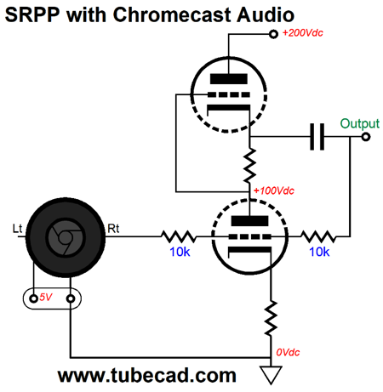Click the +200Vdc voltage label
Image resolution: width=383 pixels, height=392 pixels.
pyautogui.click(x=303, y=33)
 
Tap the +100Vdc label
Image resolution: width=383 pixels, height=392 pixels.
pyautogui.click(x=274, y=190)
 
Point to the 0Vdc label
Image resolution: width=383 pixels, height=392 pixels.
pyautogui.click(x=288, y=352)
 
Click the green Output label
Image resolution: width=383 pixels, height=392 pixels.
pyautogui.click(x=359, y=124)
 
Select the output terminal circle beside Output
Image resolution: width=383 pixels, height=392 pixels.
pyautogui.click(x=366, y=137)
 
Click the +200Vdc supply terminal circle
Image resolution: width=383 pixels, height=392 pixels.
pyautogui.click(x=273, y=34)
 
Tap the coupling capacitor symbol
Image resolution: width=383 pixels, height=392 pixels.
pyautogui.click(x=317, y=137)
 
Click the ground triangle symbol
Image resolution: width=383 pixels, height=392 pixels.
pyautogui.click(x=271, y=375)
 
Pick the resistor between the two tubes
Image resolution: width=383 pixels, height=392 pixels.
pyautogui.click(x=249, y=166)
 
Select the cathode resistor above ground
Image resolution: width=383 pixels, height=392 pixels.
pyautogui.click(x=271, y=319)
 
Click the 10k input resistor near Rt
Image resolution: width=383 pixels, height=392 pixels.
pyautogui.click(x=179, y=236)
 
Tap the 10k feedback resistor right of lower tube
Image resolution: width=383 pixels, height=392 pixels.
pyautogui.click(x=318, y=236)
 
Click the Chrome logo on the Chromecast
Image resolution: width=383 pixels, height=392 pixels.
pyautogui.click(x=66, y=237)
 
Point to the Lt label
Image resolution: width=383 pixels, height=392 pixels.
pyautogui.click(x=17, y=229)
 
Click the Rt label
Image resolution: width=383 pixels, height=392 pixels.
pyautogui.click(x=113, y=229)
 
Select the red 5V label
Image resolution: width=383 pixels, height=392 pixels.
pyautogui.click(x=46, y=297)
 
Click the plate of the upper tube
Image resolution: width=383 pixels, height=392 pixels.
pyautogui.click(x=229, y=79)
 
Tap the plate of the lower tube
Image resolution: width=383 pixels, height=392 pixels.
pyautogui.click(x=249, y=221)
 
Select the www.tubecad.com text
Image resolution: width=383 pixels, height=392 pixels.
pyautogui.click(x=147, y=375)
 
